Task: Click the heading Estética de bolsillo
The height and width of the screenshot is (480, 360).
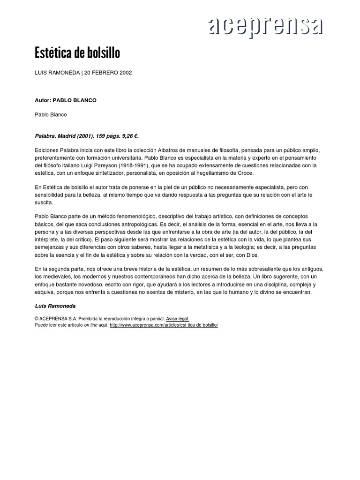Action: click(x=77, y=53)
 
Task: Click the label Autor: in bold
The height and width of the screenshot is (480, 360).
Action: click(x=44, y=100)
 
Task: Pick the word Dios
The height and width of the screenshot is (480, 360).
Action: click(x=251, y=255)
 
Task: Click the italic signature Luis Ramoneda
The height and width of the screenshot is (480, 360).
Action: click(x=55, y=306)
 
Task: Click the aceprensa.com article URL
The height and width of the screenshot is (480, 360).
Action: click(x=164, y=324)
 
